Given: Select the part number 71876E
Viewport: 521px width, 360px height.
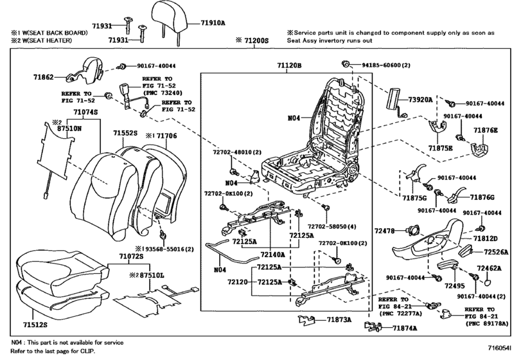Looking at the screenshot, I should (486, 130).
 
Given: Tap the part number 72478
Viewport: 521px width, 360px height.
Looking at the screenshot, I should (386, 229).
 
